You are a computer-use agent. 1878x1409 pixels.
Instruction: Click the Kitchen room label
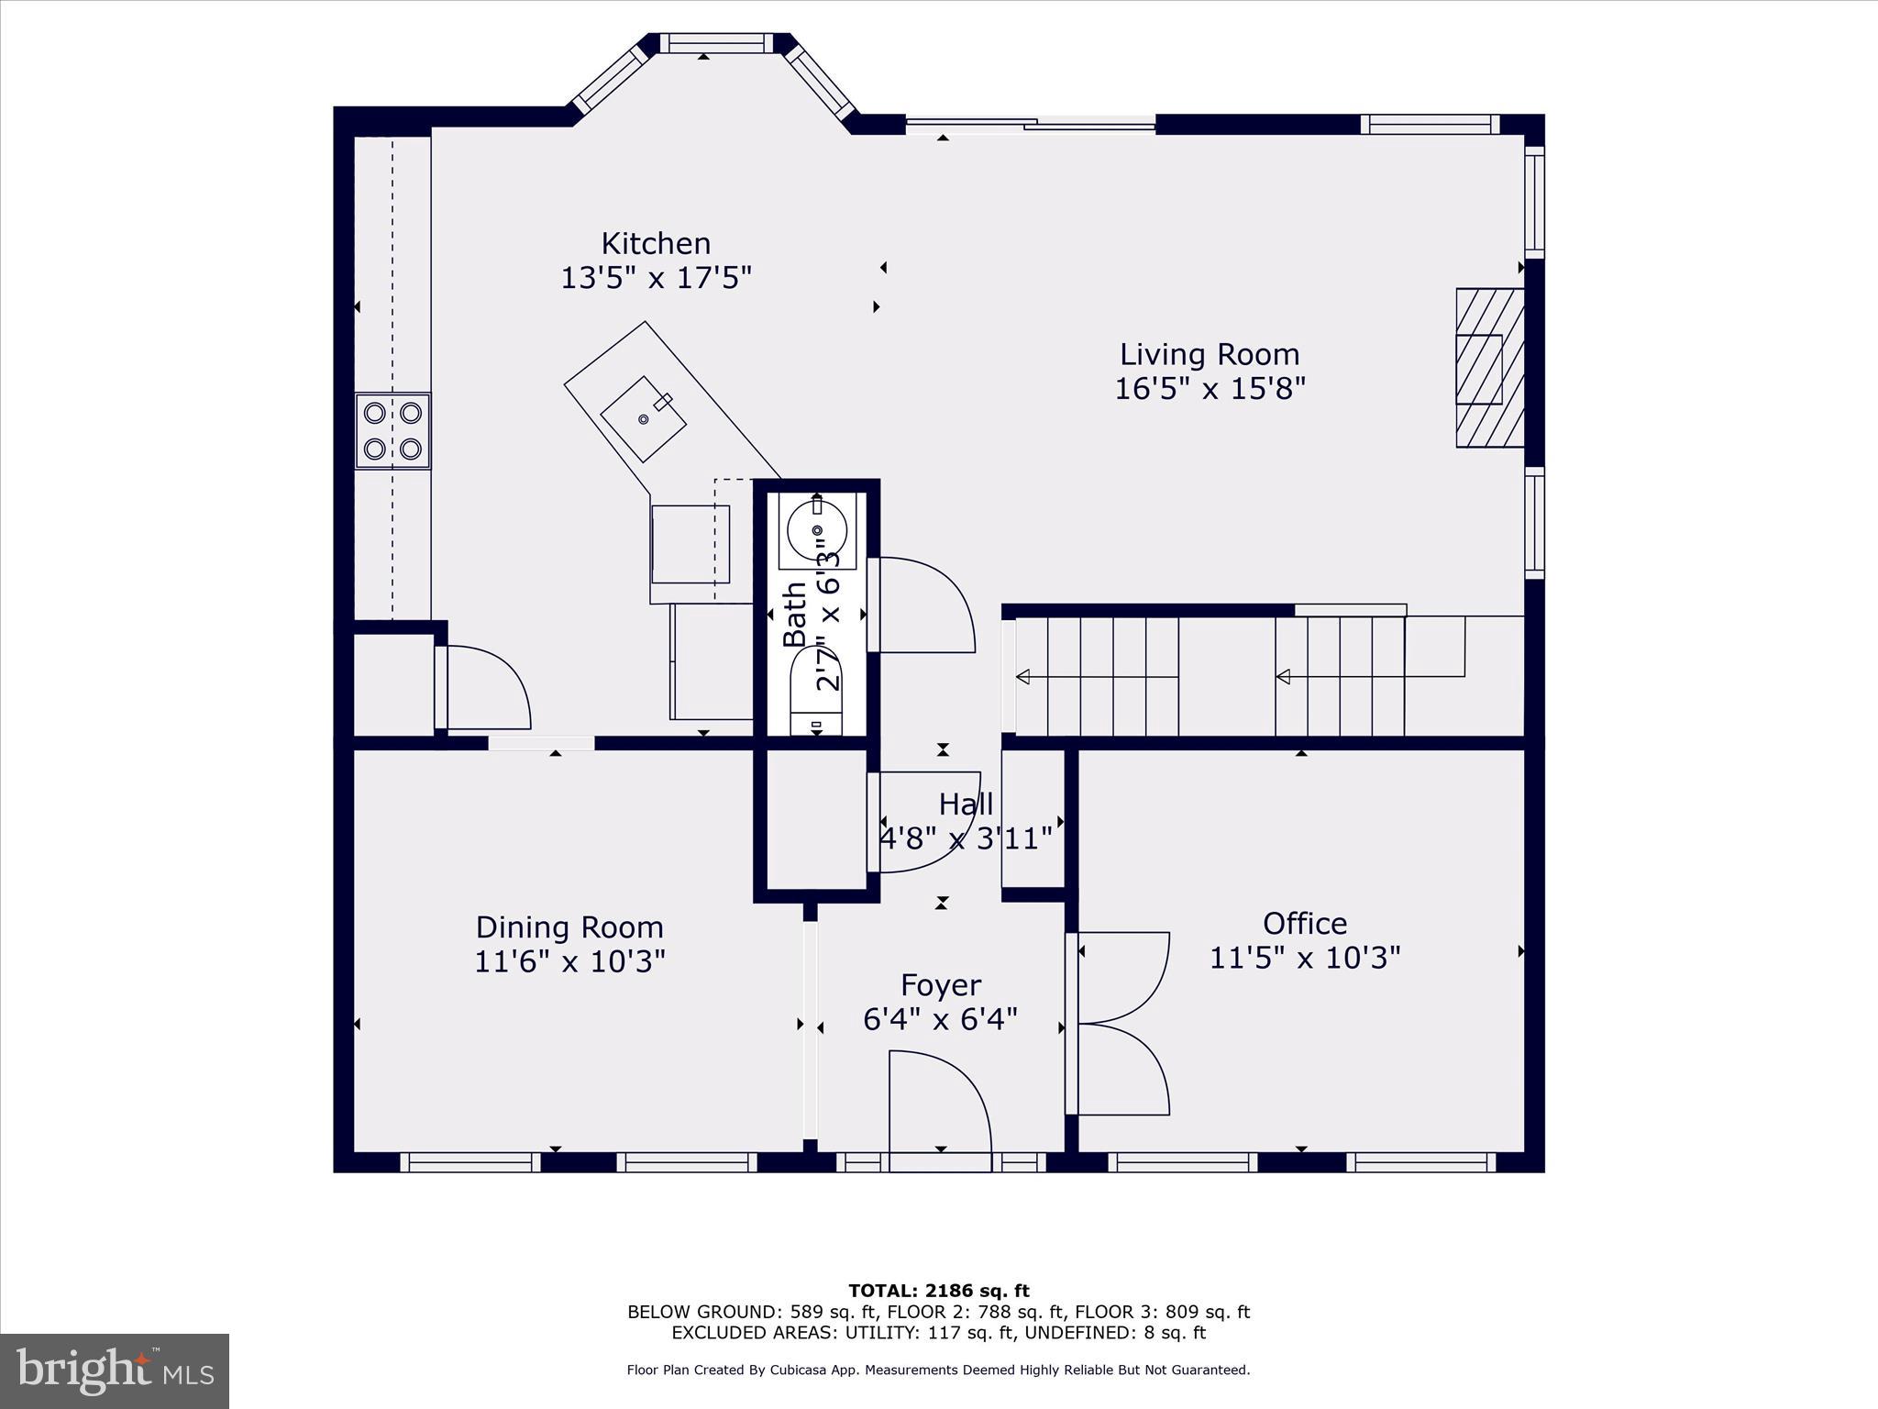click(656, 243)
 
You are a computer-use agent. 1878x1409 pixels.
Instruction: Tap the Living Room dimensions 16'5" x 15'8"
click(1210, 389)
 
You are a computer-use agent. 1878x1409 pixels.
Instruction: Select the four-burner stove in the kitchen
click(392, 431)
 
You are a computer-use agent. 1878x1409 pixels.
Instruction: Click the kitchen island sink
click(644, 418)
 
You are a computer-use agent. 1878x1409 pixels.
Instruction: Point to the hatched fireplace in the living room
click(1489, 368)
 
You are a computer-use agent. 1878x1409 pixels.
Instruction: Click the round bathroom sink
click(816, 529)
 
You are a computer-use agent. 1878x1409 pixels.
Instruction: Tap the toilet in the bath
click(816, 693)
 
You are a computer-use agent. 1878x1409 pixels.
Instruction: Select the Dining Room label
click(569, 927)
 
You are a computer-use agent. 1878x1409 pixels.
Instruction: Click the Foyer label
click(941, 985)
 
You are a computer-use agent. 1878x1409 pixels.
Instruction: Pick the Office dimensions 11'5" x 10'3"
click(1305, 959)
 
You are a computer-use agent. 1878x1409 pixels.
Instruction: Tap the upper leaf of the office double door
click(1123, 977)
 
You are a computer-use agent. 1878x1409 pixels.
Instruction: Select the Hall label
click(966, 804)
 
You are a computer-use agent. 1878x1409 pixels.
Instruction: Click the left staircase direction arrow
click(1023, 677)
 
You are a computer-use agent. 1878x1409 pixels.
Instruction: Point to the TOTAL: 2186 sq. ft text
click(939, 1292)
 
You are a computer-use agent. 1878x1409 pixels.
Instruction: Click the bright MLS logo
click(115, 1371)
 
